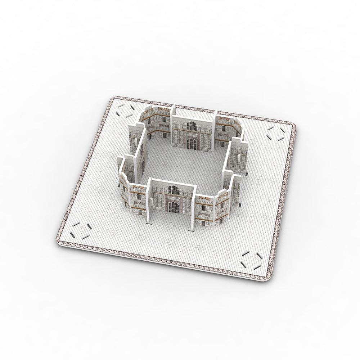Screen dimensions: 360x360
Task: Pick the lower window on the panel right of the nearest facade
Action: [204, 222]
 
